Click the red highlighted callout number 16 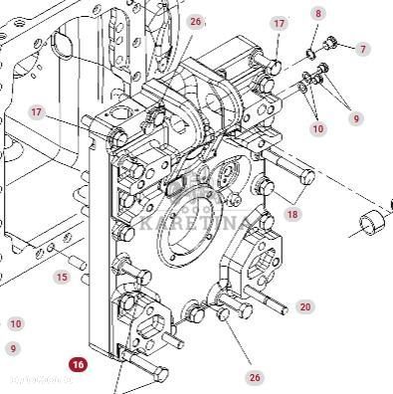click(x=79, y=365)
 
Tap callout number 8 click(x=318, y=13)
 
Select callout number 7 click(x=363, y=49)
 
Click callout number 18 click(x=292, y=214)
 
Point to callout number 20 click(x=304, y=307)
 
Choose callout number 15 click(x=62, y=278)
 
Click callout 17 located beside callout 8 click(x=280, y=23)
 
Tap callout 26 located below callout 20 click(x=256, y=377)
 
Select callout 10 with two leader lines click(x=318, y=129)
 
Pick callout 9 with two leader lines click(x=356, y=118)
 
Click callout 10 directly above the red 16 click(x=14, y=324)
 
